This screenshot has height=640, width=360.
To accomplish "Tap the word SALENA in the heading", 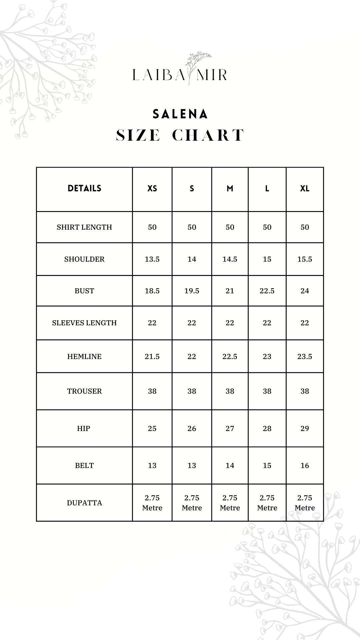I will (x=180, y=114).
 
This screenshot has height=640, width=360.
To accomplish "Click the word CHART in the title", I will (x=208, y=135).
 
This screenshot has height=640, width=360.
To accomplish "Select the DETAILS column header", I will (x=84, y=188).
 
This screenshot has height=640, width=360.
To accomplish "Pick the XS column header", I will (x=152, y=189).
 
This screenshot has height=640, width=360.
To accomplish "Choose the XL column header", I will (x=305, y=189).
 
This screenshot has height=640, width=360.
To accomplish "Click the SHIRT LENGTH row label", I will (x=84, y=227).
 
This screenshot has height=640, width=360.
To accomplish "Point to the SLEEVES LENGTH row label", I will (x=84, y=323).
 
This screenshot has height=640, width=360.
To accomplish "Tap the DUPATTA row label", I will (x=84, y=503).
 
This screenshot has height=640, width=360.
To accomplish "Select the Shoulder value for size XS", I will (x=152, y=259).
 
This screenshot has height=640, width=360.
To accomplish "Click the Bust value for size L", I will (x=267, y=291).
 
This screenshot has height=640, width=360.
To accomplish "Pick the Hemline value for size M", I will (x=230, y=357).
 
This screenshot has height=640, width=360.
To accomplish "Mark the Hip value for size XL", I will (x=305, y=429).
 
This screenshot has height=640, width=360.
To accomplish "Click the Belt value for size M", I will (x=230, y=466).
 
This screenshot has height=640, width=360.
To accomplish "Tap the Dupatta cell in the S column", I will (x=192, y=503).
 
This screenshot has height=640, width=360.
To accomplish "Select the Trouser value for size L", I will (x=267, y=391).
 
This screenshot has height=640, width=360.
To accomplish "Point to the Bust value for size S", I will (x=192, y=291).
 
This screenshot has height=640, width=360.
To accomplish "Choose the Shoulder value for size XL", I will (x=305, y=259).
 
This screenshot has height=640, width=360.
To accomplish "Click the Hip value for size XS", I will (x=152, y=429).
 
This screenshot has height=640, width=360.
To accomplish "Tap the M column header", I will (x=230, y=189).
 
